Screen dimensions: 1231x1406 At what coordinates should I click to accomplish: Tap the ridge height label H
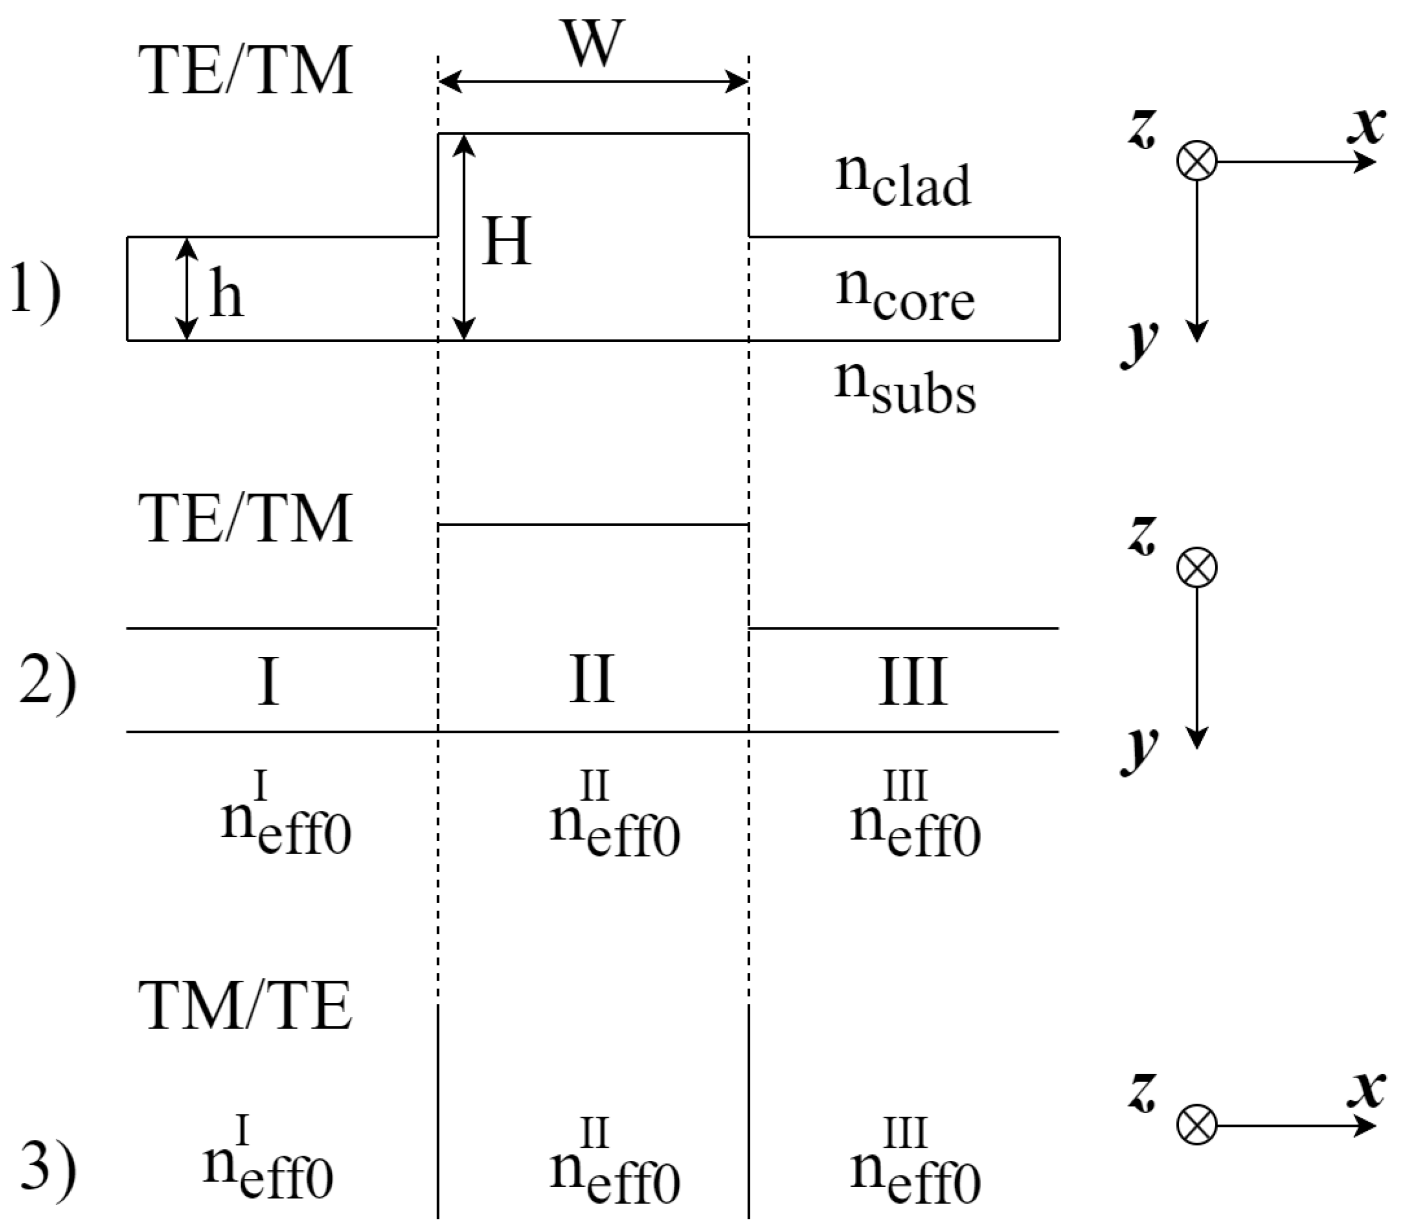coord(506,241)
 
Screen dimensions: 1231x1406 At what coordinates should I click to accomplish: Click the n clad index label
coord(902,181)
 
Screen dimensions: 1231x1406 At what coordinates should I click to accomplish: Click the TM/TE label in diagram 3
coord(245,1005)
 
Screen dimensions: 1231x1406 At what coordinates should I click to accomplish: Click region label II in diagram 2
coord(591,680)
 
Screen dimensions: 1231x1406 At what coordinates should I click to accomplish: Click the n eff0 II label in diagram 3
coord(614,1166)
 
